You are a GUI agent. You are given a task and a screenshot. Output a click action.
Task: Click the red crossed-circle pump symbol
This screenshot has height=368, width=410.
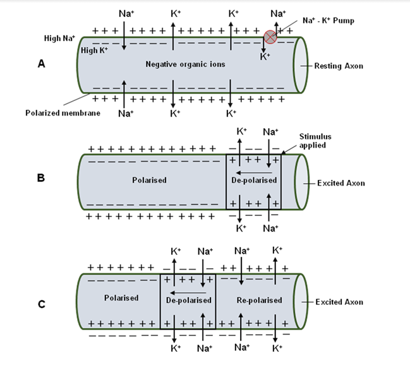tap(270, 37)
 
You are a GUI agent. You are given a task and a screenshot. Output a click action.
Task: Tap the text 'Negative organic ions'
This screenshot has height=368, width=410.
tap(185, 64)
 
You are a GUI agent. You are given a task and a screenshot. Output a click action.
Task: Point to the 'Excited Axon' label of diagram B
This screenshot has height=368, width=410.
tap(339, 183)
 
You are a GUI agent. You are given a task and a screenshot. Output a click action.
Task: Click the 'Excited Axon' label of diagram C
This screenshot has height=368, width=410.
tap(339, 302)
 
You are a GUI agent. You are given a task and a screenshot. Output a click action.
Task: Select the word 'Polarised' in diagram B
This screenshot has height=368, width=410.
tap(150, 180)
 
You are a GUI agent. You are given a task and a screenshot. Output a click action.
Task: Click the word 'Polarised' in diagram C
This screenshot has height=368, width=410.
tap(121, 298)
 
